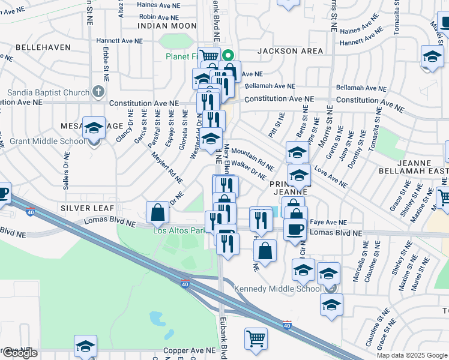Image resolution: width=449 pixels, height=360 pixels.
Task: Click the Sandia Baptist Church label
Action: [47, 93]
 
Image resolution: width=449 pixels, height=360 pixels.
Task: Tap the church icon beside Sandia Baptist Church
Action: [99, 93]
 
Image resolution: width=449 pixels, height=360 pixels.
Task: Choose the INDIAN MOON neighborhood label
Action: [167, 26]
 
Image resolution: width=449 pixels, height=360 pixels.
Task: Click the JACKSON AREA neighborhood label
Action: [290, 51]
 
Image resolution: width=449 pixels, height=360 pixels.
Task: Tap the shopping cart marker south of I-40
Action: [256, 338]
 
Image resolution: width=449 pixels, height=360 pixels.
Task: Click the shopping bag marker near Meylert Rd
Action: [157, 212]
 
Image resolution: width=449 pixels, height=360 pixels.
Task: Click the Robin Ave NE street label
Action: [159, 17]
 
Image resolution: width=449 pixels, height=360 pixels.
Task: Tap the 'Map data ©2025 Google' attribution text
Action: [412, 355]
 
